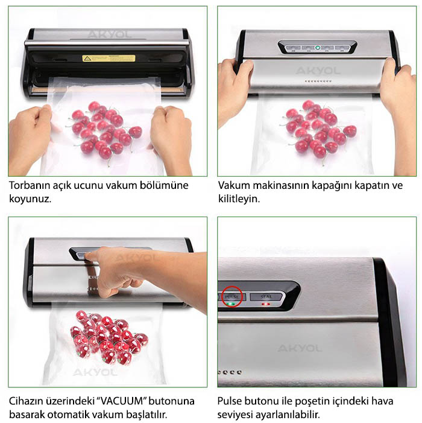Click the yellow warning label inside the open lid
tap(109, 59)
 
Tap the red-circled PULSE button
tap(230, 297)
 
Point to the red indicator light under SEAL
tap(265, 305)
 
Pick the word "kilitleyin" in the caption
tap(239, 198)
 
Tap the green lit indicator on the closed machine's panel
tap(318, 48)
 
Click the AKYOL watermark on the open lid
tap(109, 34)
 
